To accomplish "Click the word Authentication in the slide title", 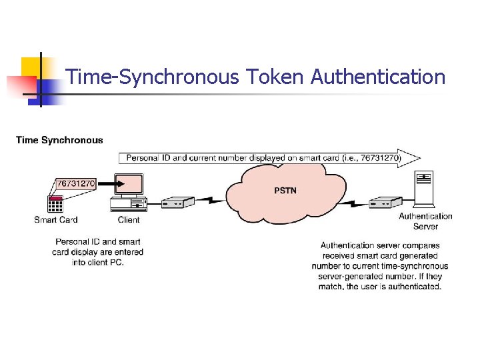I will click(x=378, y=77).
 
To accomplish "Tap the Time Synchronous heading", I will click(x=59, y=140).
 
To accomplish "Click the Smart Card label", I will click(x=56, y=220).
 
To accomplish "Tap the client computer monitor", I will click(x=127, y=185).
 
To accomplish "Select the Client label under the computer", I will click(x=129, y=220).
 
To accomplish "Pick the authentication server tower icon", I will click(x=423, y=189).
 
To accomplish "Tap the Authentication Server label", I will click(x=425, y=221).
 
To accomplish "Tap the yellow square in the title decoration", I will click(x=31, y=67).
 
